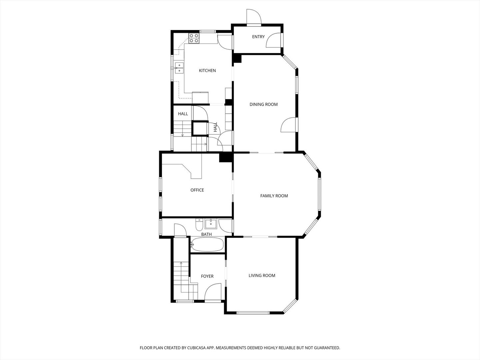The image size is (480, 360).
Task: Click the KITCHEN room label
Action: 207,71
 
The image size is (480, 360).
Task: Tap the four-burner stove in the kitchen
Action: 194,38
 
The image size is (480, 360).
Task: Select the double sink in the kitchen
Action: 179,68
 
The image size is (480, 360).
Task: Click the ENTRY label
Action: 258,37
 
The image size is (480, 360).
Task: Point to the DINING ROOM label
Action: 264,104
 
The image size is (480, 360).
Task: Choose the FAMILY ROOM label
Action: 274,196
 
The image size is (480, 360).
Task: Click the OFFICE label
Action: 197,190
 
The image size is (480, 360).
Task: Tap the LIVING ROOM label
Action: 262,276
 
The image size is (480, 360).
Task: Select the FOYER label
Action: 207,276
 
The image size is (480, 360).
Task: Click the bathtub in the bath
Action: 207,245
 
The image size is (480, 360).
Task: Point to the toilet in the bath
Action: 199,225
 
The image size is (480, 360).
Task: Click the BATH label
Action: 206,234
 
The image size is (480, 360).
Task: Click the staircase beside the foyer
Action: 181,277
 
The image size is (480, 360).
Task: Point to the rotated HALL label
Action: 215,127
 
